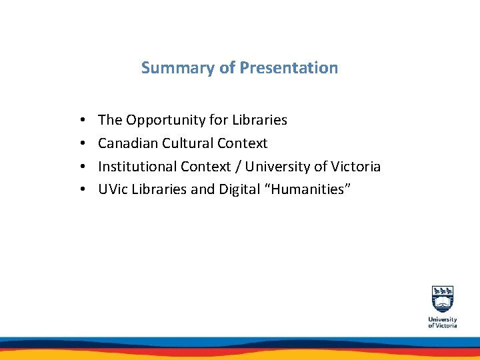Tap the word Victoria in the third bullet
click(355, 167)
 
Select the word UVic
click(113, 189)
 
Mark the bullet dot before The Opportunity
click(80, 121)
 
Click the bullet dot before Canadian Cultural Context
click(80, 143)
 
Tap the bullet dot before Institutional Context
click(80, 167)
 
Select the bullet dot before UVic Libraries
click(80, 189)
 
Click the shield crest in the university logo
click(443, 299)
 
